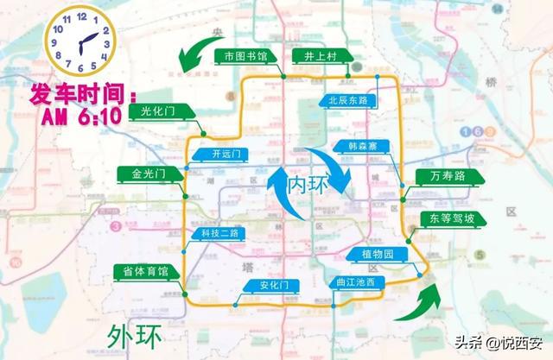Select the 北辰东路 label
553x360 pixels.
click(348, 100)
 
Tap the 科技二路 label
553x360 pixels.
click(219, 233)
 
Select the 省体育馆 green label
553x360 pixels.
click(146, 271)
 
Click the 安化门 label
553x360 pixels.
click(266, 285)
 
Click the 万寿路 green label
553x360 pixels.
click(446, 176)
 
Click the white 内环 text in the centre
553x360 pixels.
click(308, 185)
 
